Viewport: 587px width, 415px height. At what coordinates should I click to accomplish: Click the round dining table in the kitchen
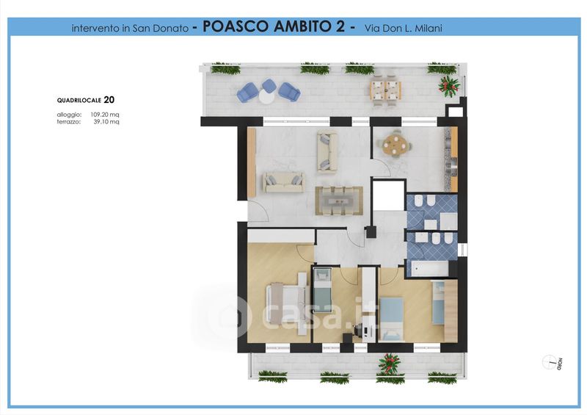pos(395,143)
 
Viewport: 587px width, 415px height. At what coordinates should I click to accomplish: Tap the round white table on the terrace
pos(266,97)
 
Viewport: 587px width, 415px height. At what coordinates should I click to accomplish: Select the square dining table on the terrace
pos(386,90)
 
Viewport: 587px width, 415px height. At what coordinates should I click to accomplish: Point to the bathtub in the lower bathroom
pos(429,268)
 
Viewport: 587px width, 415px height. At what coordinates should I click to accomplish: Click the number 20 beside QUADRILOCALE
pos(109,100)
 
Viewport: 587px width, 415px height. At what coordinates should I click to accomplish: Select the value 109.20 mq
pos(105,115)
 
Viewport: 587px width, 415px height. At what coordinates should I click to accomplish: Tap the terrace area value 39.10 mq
pos(106,122)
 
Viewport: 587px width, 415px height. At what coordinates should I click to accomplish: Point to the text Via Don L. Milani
pos(403,28)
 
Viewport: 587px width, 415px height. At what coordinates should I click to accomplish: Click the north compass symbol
pos(550,362)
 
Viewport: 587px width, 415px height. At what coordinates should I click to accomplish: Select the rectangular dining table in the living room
pos(339,201)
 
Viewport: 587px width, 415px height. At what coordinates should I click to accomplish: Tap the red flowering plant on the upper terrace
pos(448,85)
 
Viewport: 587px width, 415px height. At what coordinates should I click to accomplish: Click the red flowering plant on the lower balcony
pos(389,364)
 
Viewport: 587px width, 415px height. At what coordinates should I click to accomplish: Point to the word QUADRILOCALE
pos(79,101)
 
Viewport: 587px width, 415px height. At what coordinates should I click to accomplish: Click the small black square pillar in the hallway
pos(371,232)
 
